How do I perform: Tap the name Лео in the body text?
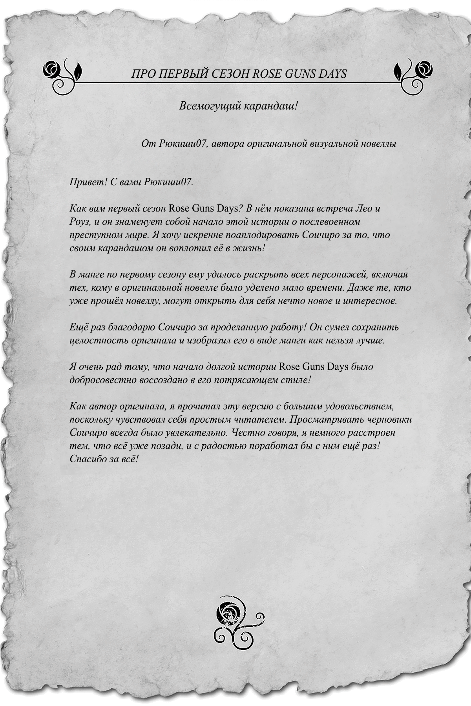click(361, 208)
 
